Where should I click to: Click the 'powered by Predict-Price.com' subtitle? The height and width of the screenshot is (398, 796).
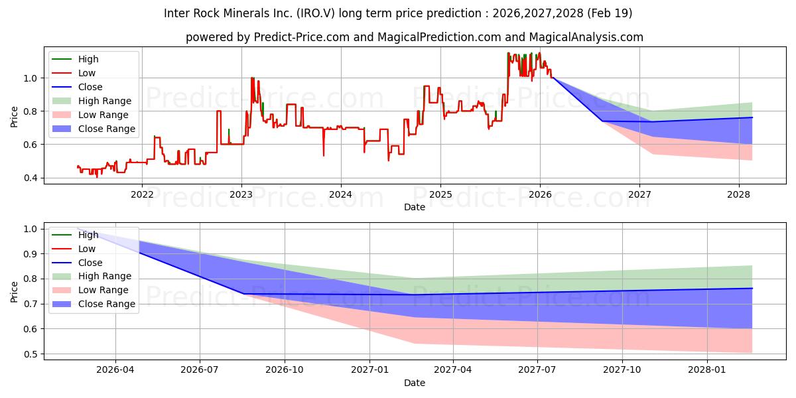point(415,37)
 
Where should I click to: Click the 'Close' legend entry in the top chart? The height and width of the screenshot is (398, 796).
point(90,87)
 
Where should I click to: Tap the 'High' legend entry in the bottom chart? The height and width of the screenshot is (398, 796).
point(88,235)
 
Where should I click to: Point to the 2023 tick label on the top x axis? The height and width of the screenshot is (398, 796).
point(241,194)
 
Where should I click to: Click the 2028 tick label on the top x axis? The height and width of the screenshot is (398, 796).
point(739,194)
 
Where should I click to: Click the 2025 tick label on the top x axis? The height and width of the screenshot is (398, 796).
point(440,194)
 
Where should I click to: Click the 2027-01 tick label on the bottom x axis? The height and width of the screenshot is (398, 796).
point(369,370)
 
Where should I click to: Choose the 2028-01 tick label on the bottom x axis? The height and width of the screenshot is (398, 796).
point(708,370)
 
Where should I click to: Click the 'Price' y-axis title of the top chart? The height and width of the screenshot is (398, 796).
point(14,117)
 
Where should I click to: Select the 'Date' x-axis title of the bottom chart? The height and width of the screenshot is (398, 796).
point(415,383)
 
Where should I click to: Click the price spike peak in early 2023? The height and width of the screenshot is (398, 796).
point(252,78)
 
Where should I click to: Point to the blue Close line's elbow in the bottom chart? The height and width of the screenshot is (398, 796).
point(243,294)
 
